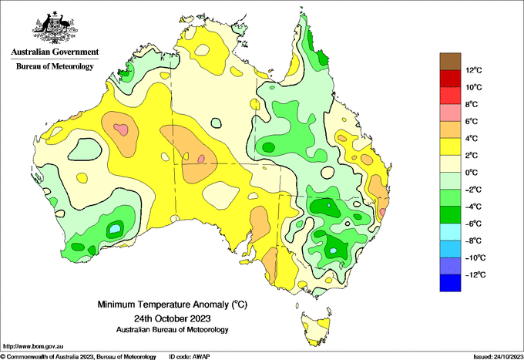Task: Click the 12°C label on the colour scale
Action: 474,70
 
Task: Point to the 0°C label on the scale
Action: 472,173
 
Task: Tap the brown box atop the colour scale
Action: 450,61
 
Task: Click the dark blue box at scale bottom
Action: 450,283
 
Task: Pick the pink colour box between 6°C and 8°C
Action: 450,113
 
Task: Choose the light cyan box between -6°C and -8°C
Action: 450,231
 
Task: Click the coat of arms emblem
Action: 55,28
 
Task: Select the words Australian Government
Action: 55,52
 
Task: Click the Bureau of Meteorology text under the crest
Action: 55,66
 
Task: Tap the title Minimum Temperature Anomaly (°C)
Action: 173,304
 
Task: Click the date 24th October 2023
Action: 173,318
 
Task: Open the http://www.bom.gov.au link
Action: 32,346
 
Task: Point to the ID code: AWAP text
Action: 190,357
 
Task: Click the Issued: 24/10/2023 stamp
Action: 499,357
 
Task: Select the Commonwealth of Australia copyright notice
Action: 78,357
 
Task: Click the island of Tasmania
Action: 317,328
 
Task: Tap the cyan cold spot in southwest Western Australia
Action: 115,229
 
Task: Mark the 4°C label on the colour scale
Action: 472,139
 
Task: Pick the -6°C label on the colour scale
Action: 473,224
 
